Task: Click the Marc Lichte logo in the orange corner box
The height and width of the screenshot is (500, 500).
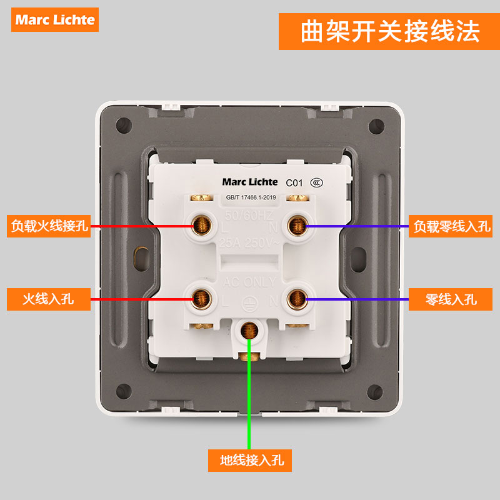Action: (55, 19)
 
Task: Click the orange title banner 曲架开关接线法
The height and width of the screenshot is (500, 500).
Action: (389, 29)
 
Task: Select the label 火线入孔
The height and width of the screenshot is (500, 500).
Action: (49, 299)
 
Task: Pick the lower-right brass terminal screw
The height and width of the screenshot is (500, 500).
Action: (297, 299)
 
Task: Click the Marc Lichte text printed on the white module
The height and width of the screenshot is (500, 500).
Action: (250, 182)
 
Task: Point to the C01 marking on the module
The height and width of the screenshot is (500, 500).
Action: (294, 183)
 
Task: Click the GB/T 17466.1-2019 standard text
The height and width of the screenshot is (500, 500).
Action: (251, 197)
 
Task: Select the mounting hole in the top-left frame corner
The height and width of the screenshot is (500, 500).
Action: (123, 125)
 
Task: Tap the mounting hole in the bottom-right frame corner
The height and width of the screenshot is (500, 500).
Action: (377, 392)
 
